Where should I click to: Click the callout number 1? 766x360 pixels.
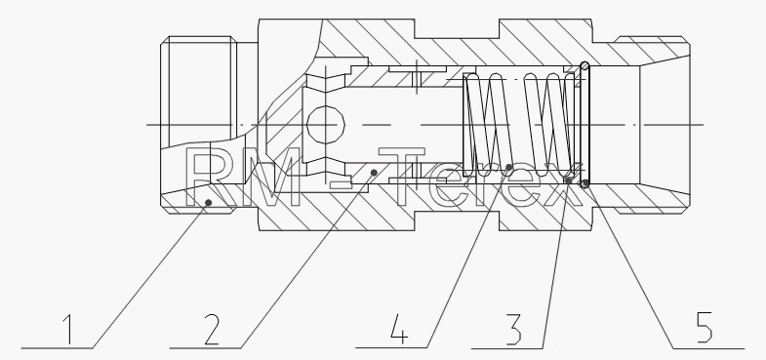coord(69,329)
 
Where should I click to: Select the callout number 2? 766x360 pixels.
coord(212,329)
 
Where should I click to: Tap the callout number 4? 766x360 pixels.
coord(399,329)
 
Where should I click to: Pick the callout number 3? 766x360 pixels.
coord(513,329)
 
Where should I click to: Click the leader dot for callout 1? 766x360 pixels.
coord(208,202)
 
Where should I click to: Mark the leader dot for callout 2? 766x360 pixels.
coord(374,173)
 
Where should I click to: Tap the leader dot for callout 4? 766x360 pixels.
coord(509,167)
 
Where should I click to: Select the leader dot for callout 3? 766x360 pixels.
coord(568,180)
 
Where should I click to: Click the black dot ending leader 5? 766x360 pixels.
coord(585,183)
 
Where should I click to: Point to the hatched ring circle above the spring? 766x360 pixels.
coord(585,65)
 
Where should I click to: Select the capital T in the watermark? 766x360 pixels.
coord(402,177)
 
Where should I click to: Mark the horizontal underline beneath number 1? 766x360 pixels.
coord(57,348)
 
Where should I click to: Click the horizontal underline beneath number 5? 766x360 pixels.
coord(708,348)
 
